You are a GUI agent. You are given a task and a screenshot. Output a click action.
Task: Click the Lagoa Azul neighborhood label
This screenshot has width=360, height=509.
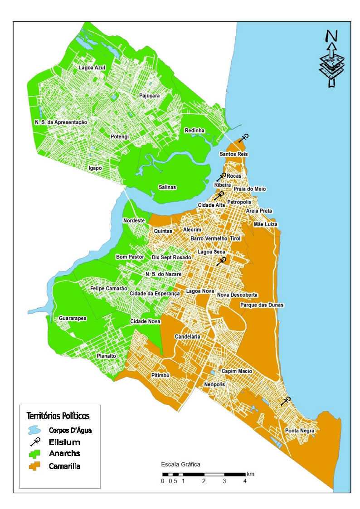(x=92, y=68)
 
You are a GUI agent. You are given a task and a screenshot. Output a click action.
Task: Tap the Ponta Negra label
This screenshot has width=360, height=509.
(x=300, y=431)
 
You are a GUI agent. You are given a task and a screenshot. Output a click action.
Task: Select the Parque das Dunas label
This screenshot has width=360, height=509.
(x=262, y=305)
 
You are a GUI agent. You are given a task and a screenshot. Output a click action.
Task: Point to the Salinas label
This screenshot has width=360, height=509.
(x=167, y=187)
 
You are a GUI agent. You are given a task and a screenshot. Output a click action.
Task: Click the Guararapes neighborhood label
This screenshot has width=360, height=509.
(x=73, y=319)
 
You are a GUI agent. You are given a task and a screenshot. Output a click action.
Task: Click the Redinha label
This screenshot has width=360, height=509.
(x=195, y=131)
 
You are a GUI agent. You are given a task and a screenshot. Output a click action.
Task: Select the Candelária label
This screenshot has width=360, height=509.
(x=188, y=337)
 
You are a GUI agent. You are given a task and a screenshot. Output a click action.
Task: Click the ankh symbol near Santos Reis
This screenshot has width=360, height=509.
(x=244, y=138)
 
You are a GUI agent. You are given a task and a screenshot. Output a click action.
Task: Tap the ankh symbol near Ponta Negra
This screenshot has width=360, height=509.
(x=285, y=401)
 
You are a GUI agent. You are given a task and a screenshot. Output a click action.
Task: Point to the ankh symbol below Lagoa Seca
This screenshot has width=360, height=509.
(x=221, y=262)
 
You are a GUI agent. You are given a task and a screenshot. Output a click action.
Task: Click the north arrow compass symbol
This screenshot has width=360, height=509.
(x=332, y=58)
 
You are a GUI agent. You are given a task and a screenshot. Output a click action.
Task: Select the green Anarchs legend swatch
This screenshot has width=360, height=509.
(x=35, y=453)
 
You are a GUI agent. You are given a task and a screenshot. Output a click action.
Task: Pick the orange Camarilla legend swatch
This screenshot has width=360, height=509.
(x=35, y=466)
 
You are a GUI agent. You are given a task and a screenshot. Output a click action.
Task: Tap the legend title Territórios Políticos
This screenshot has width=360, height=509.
(x=58, y=416)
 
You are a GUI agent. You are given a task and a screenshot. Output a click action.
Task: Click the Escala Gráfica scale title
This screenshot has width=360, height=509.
(x=180, y=465)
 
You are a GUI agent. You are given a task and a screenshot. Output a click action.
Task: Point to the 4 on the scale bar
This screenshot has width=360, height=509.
(x=245, y=481)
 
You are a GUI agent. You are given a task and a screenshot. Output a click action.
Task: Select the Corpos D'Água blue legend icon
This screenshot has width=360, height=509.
(x=34, y=430)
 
